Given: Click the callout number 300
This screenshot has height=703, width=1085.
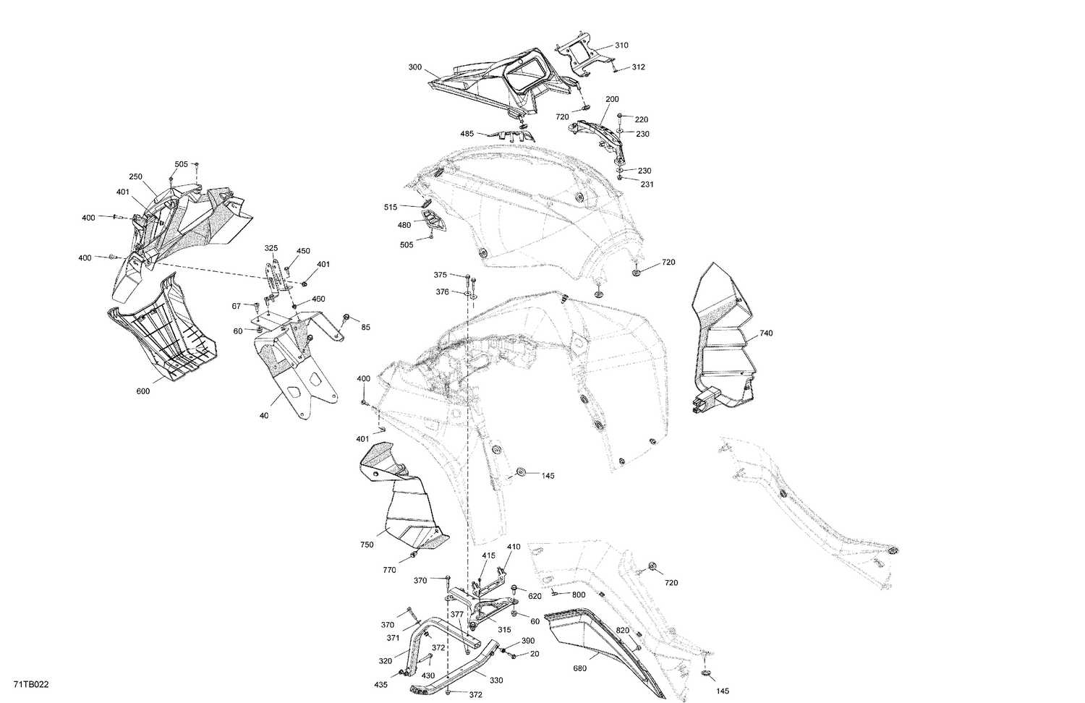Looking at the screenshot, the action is pyautogui.click(x=415, y=67).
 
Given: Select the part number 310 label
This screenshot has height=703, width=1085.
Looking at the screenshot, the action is pyautogui.click(x=621, y=46).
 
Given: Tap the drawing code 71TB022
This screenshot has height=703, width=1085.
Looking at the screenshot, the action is pyautogui.click(x=31, y=685).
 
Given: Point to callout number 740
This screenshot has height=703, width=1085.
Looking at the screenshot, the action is pyautogui.click(x=766, y=333).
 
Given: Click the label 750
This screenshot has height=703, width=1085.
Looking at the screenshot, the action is pyautogui.click(x=367, y=545).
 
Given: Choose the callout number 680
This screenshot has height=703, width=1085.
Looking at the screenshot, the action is pyautogui.click(x=579, y=668).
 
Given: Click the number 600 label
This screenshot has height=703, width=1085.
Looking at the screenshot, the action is pyautogui.click(x=143, y=391).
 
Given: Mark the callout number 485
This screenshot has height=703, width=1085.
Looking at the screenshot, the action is pyautogui.click(x=467, y=134).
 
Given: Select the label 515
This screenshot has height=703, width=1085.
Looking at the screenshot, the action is pyautogui.click(x=390, y=208).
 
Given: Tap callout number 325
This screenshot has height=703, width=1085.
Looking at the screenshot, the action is pyautogui.click(x=271, y=248).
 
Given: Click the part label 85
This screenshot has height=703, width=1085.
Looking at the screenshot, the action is pyautogui.click(x=366, y=328).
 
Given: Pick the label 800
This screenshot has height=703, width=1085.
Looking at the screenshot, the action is pyautogui.click(x=579, y=595).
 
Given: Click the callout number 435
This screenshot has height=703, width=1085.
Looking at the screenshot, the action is pyautogui.click(x=380, y=685).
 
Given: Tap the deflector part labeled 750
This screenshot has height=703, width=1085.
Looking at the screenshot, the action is pyautogui.click(x=404, y=499).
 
